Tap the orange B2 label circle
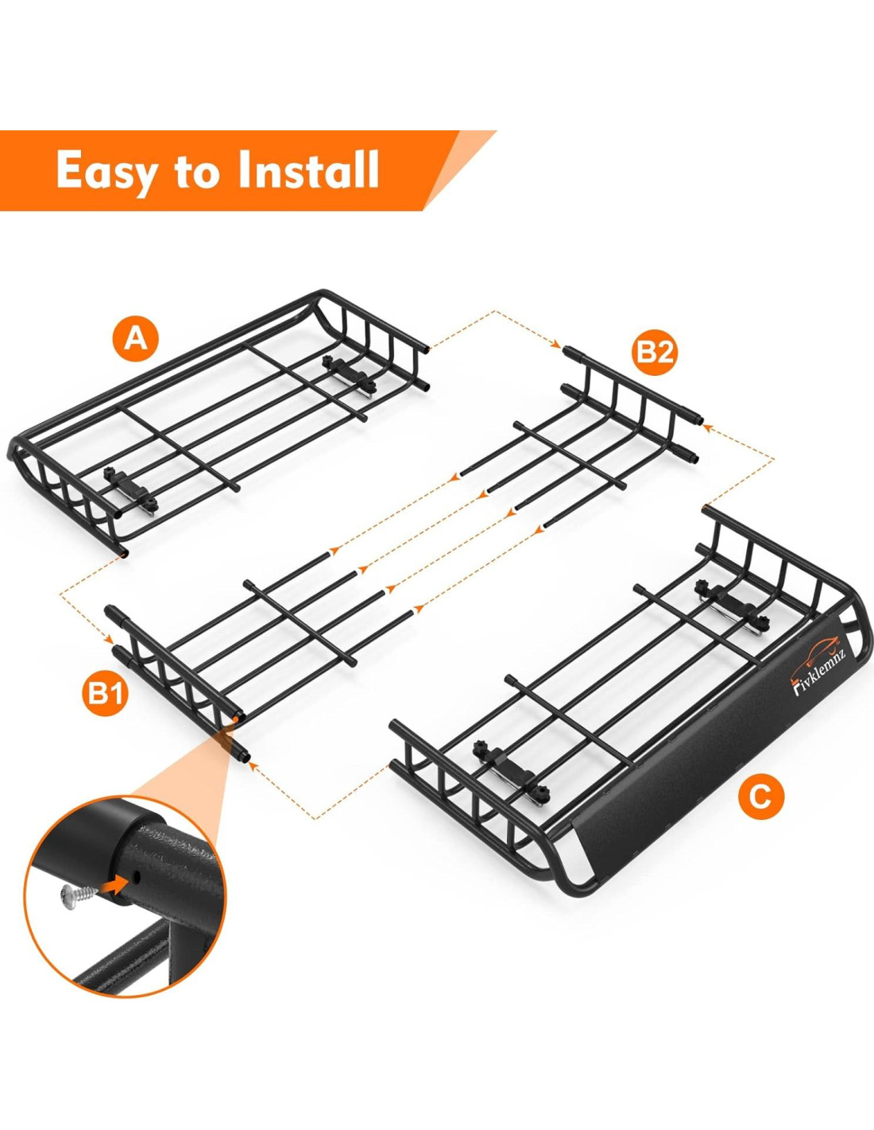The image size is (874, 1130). click(x=655, y=352)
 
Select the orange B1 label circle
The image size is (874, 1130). click(x=106, y=693)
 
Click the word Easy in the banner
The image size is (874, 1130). click(x=106, y=171)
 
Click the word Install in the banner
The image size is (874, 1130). click(x=307, y=169)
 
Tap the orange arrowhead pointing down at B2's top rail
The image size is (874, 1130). click(x=557, y=345)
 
